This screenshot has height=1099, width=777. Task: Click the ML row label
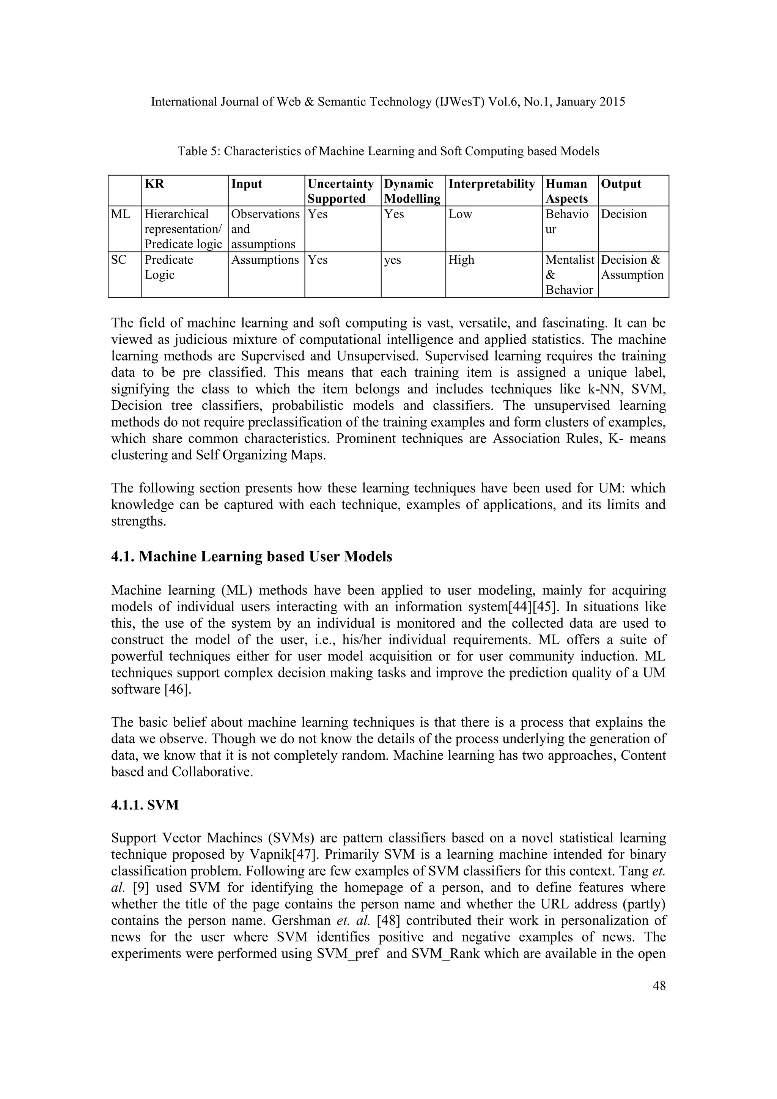(121, 214)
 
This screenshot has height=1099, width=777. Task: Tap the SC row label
(119, 260)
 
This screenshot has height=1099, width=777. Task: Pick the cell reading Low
(460, 214)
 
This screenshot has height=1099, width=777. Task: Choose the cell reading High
(461, 260)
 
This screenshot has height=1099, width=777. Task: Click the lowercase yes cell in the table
(392, 260)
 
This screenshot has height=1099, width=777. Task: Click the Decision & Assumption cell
(632, 268)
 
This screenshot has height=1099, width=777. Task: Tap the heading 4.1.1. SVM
(145, 805)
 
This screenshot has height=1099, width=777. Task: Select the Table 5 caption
(388, 151)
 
